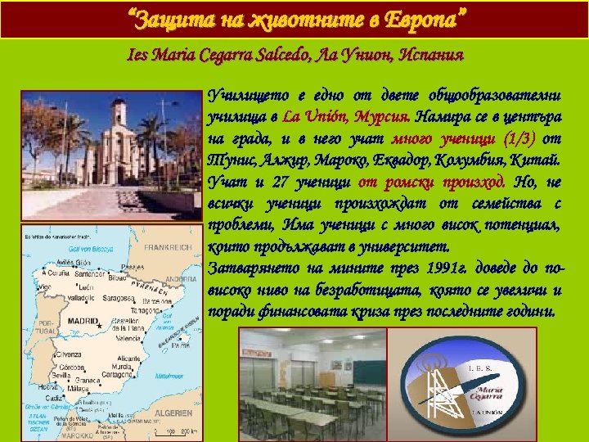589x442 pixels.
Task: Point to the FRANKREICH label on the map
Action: click(x=169, y=246)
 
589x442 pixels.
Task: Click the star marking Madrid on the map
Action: click(x=101, y=326)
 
